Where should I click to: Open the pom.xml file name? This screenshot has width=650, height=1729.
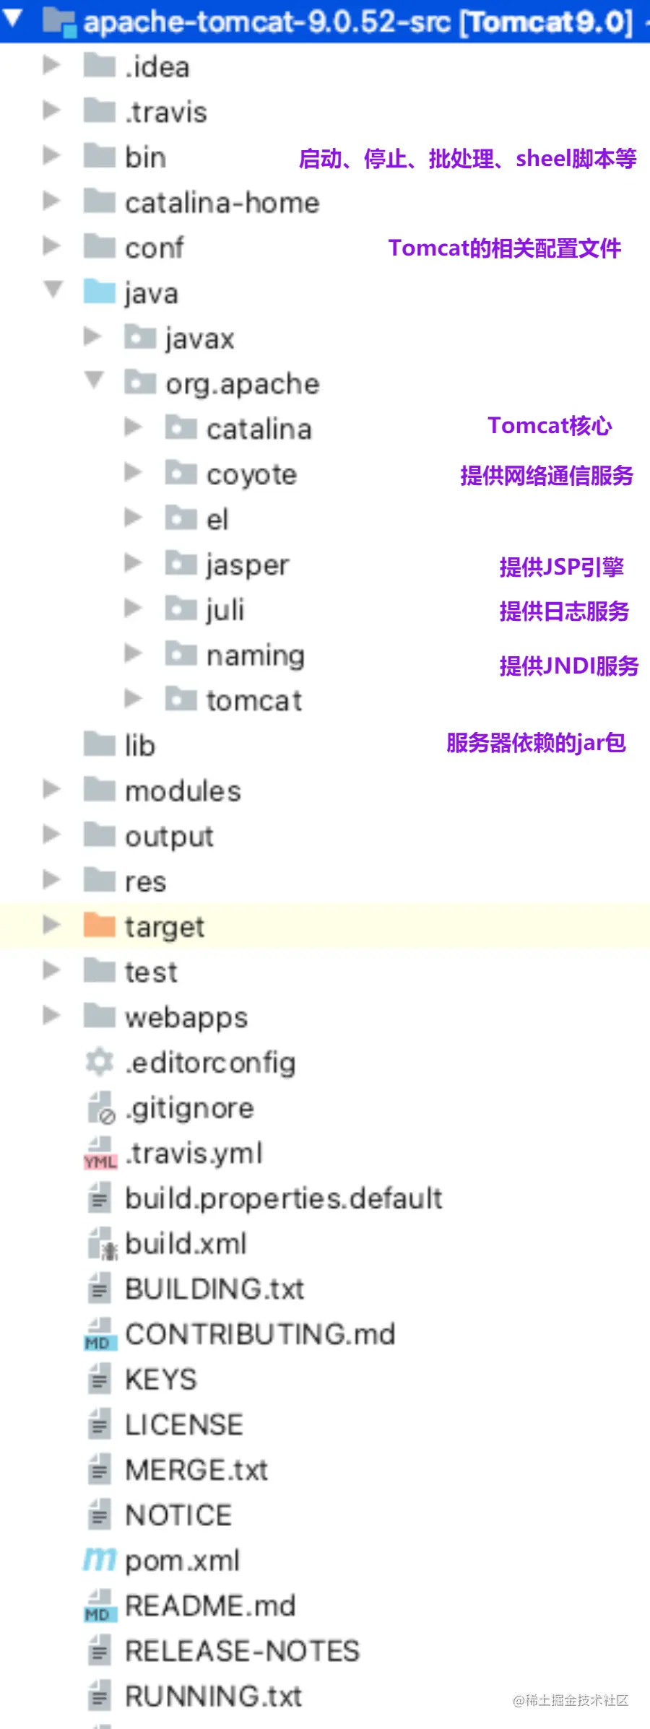pos(182,1561)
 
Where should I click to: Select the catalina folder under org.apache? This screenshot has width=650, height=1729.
pos(259,430)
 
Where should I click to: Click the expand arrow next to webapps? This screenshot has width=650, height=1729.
pos(51,1016)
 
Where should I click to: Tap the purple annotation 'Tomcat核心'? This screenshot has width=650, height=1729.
pos(550,426)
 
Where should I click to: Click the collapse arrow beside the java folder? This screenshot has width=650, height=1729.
pos(53,289)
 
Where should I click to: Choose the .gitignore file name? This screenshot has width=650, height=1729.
pos(189,1108)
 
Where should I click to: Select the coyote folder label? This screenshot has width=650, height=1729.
pos(251,475)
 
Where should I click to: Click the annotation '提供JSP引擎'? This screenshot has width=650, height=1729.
pos(561,567)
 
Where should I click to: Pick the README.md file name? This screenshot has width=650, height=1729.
pos(210,1606)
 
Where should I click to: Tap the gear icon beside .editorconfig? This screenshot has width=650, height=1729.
pos(99,1062)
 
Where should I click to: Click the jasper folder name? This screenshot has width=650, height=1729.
pos(248,565)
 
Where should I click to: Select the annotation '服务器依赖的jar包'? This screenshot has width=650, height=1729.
pos(536,742)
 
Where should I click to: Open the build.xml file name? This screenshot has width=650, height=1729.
pos(186,1244)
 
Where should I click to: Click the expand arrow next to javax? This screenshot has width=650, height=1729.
pos(92,336)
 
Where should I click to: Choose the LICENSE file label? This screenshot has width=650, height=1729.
pos(184,1425)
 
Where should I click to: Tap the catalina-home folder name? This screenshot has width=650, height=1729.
pos(222,203)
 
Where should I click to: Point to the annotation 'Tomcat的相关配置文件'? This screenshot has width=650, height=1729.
pos(505,248)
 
